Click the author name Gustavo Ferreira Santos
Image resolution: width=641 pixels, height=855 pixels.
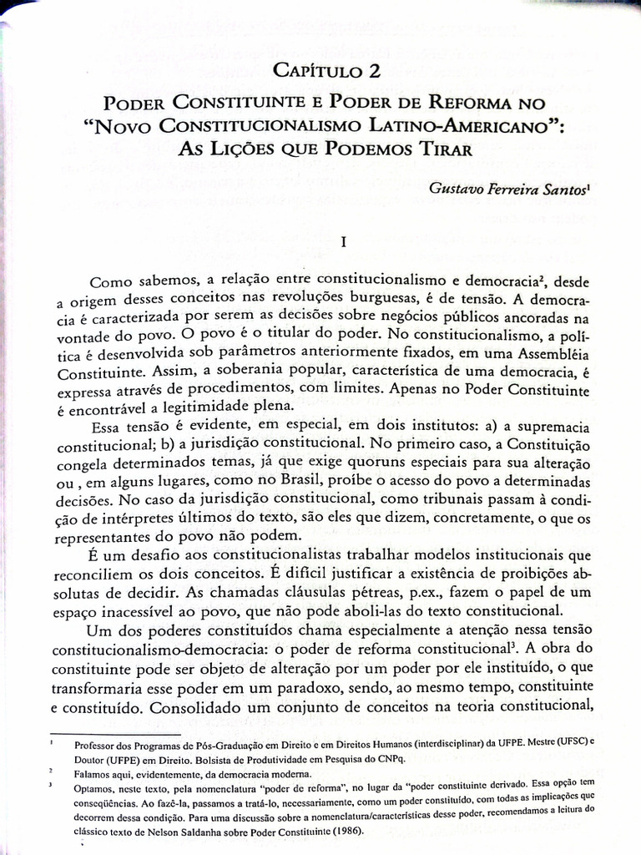[507, 190]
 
